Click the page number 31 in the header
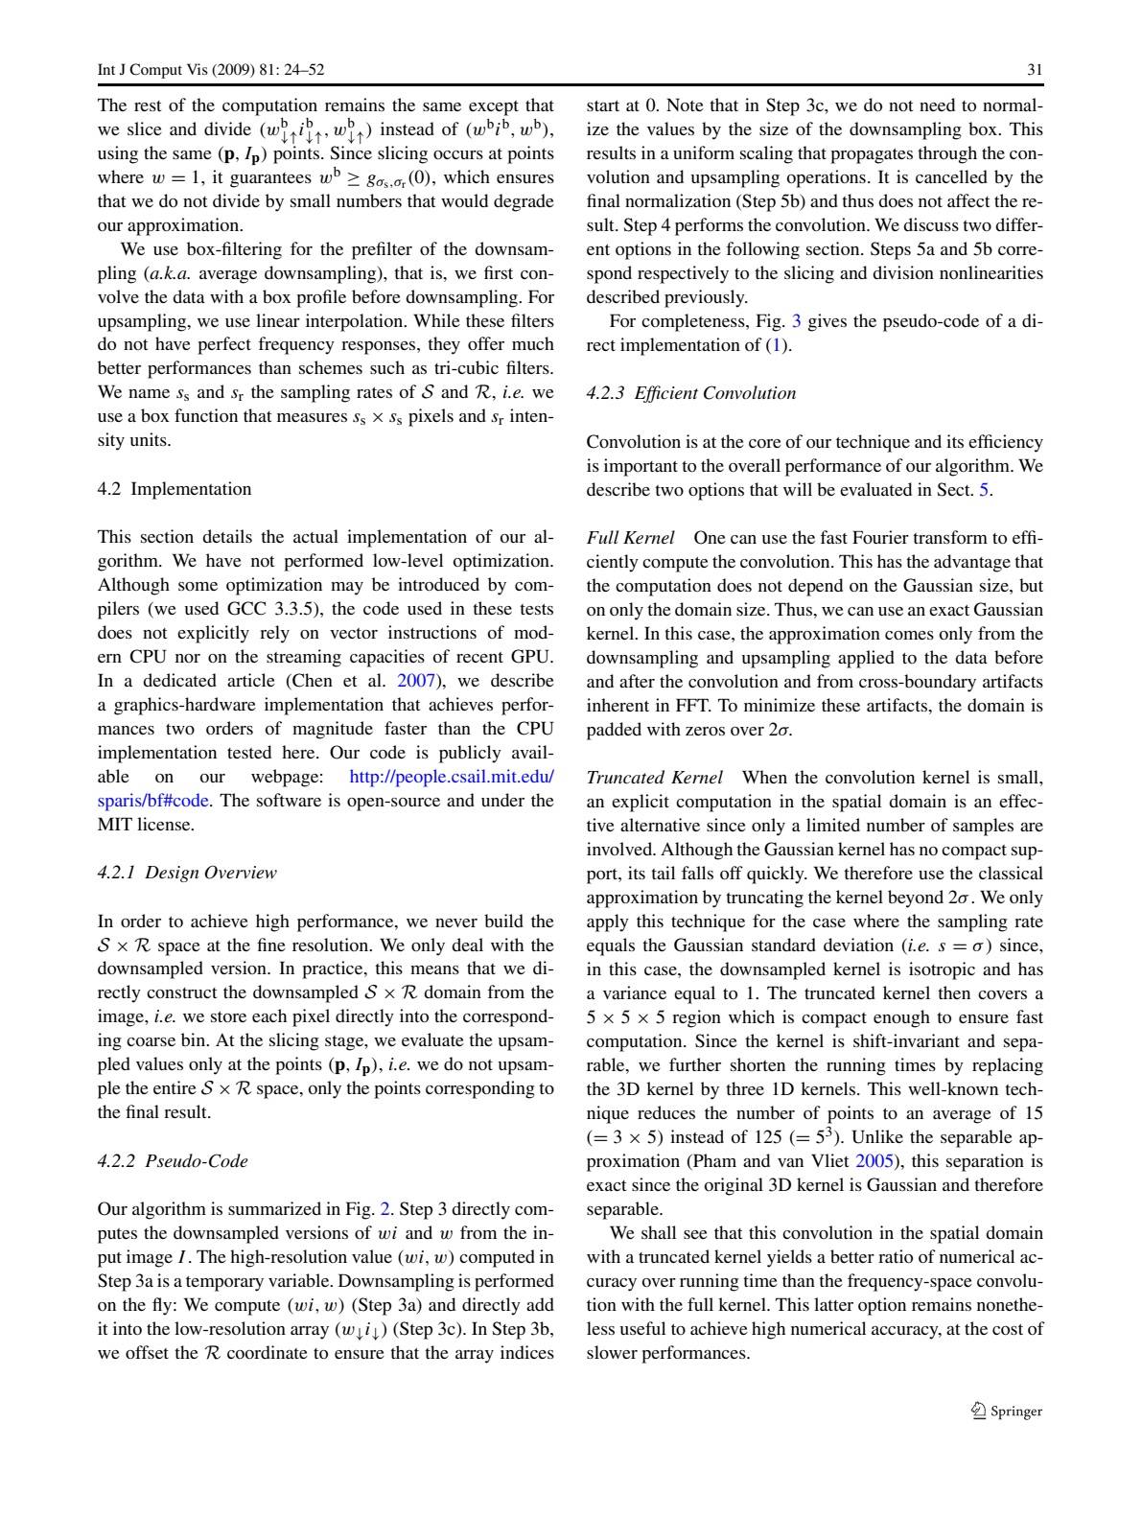1035,70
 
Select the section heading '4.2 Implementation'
175,489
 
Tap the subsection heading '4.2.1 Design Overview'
187,873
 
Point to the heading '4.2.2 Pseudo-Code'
173,1161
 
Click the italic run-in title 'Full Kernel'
630,538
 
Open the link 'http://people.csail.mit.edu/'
452,778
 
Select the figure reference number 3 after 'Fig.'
796,321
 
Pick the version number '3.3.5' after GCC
297,610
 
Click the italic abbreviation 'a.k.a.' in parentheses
165,273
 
